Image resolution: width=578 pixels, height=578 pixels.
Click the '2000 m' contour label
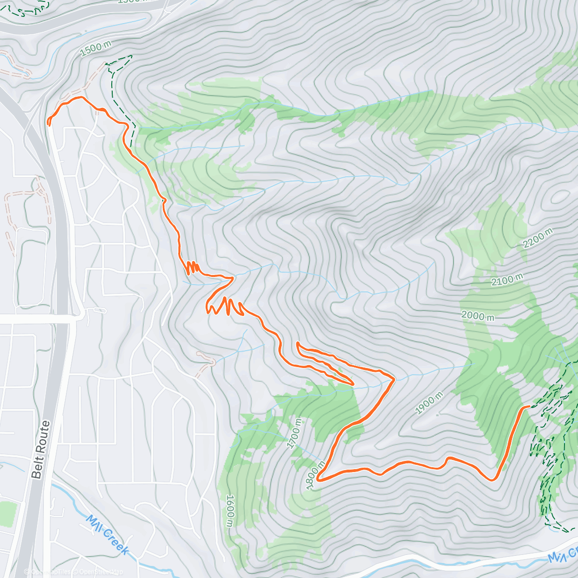(x=478, y=316)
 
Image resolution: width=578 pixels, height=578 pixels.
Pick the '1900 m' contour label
(x=429, y=404)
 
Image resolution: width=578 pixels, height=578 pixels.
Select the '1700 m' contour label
(x=295, y=433)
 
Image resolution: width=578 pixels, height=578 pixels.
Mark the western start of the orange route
(x=49, y=124)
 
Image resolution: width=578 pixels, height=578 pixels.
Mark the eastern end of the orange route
(x=529, y=407)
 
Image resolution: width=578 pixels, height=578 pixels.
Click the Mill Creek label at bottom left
(x=108, y=535)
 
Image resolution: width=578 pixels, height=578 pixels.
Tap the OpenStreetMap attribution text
(x=101, y=572)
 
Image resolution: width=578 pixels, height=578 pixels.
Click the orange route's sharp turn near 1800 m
(x=318, y=479)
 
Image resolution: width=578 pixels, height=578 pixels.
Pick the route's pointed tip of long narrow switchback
(x=353, y=384)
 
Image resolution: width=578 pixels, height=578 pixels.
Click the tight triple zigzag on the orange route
(x=193, y=267)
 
